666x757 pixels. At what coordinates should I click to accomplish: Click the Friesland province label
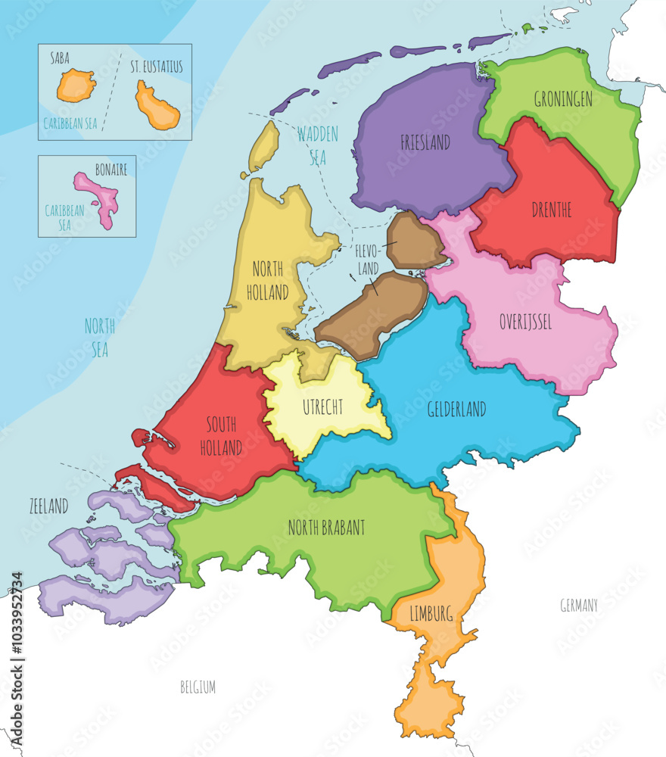425,142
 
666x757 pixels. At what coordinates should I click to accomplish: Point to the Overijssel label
525,322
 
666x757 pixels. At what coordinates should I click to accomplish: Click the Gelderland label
456,410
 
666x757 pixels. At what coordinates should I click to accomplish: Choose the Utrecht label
322,407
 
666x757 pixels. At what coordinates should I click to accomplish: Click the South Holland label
221,438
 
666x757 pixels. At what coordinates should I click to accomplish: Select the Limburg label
432,614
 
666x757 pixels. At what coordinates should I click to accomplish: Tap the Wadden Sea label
318,145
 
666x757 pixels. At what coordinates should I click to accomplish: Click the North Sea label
99,338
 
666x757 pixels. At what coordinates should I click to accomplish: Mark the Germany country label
579,605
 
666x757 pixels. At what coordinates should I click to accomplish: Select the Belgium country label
198,687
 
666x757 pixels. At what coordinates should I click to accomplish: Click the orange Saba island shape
77,86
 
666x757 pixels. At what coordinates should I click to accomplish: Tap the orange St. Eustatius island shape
157,106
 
